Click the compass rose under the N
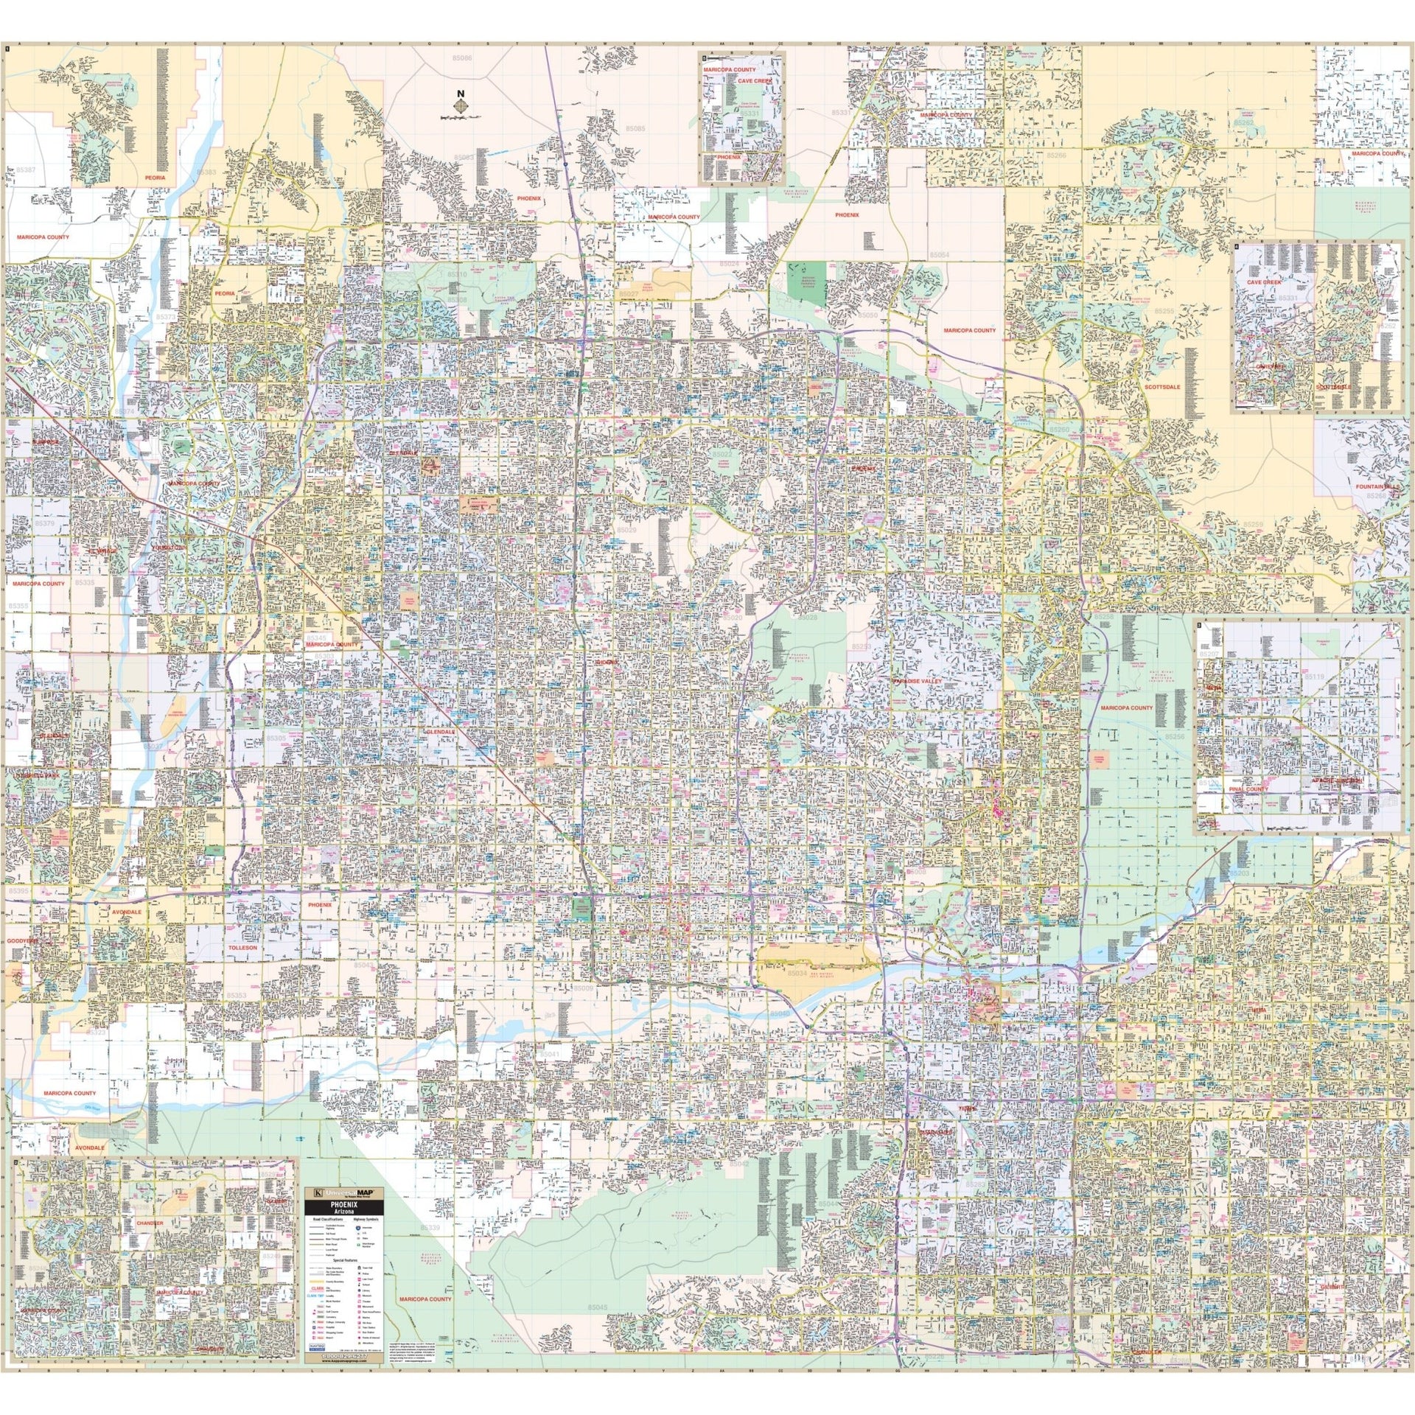(461, 108)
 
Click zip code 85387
(25, 170)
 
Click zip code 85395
(18, 891)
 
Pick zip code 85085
(635, 129)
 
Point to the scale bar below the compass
(461, 118)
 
